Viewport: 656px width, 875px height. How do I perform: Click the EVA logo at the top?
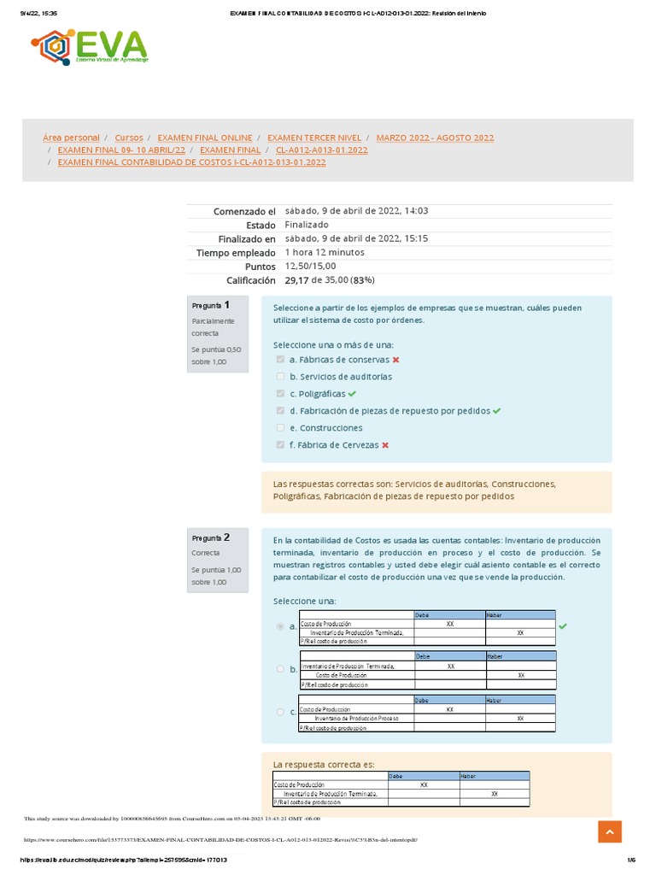click(x=91, y=47)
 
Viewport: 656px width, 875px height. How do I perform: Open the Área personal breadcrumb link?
click(x=71, y=138)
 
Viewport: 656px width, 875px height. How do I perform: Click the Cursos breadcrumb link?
click(x=129, y=138)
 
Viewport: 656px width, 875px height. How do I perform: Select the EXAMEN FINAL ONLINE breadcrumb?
click(x=205, y=138)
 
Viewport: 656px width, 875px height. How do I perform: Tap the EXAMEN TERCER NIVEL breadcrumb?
click(x=314, y=138)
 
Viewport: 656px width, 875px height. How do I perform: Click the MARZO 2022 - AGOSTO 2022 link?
click(x=435, y=138)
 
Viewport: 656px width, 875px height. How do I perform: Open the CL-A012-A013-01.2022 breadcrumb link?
click(x=322, y=150)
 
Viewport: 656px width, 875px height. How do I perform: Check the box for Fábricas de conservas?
click(x=280, y=360)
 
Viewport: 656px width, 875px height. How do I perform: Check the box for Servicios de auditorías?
click(x=280, y=377)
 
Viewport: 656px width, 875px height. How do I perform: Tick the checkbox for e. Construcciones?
click(x=280, y=428)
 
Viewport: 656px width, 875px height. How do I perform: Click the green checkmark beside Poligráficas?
click(x=352, y=394)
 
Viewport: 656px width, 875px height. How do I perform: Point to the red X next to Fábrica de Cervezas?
click(x=385, y=445)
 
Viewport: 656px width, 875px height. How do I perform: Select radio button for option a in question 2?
click(x=280, y=626)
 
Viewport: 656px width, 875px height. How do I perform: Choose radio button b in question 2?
click(x=280, y=669)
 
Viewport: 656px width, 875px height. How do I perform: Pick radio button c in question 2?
click(x=280, y=712)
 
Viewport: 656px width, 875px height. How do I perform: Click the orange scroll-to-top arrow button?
click(x=609, y=831)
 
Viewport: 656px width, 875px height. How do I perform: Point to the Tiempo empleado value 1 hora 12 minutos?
click(x=325, y=252)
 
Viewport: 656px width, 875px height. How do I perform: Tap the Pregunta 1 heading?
click(x=211, y=305)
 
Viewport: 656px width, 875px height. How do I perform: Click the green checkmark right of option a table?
click(x=562, y=626)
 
